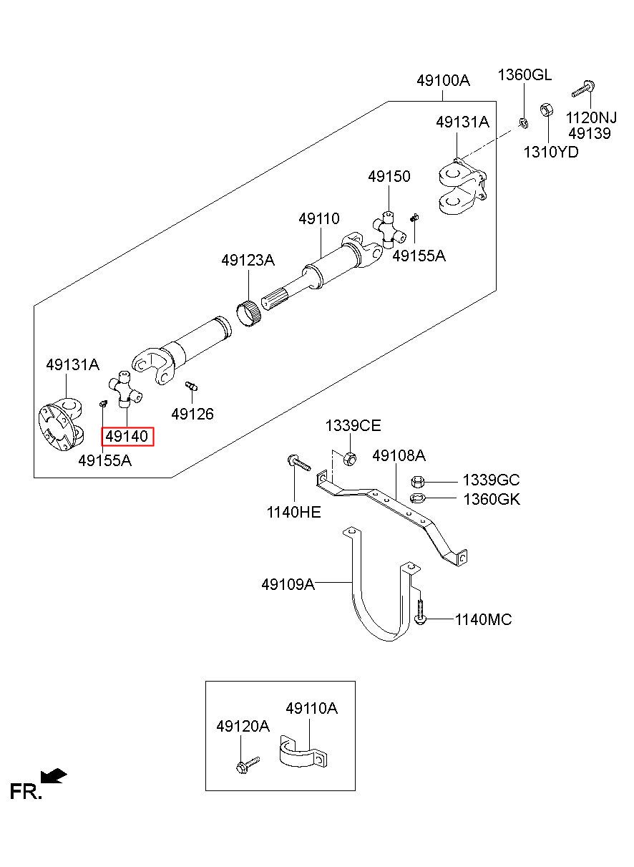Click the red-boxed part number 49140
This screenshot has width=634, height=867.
coord(127,436)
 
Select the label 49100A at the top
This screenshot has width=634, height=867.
coord(443,80)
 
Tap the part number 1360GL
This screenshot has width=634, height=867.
coord(525,74)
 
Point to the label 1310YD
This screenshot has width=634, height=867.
coord(551,152)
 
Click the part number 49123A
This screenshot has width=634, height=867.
coord(248,260)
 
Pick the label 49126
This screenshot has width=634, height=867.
coord(192,414)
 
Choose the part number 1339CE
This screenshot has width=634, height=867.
coord(353,426)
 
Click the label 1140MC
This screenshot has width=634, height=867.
coord(483,620)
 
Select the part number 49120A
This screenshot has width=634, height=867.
coord(243,727)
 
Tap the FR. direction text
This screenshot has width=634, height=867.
coord(26,792)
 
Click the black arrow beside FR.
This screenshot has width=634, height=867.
coord(54,775)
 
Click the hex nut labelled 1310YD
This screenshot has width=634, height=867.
coord(546,110)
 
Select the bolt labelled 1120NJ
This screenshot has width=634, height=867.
coord(583,89)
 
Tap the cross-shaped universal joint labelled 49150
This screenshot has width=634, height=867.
coord(389,230)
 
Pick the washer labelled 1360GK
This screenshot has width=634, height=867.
coord(418,498)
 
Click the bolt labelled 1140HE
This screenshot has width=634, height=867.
coord(299,462)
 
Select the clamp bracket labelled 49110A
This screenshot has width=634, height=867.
coord(303,752)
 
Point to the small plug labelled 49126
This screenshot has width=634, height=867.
coord(192,386)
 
